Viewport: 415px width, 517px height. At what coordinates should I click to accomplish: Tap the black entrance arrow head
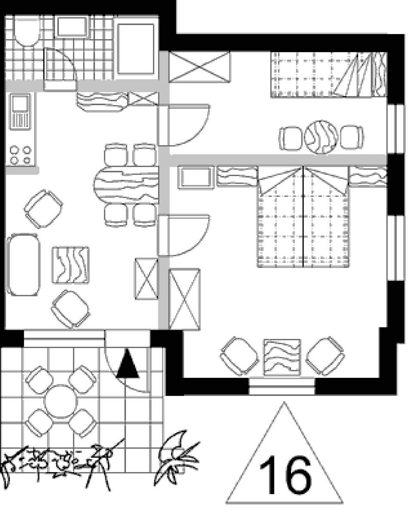click(x=127, y=364)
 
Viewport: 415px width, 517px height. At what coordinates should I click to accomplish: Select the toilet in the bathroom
click(x=26, y=31)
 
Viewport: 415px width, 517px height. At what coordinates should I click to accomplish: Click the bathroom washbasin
click(x=72, y=26)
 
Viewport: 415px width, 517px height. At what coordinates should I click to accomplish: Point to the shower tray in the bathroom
click(x=136, y=49)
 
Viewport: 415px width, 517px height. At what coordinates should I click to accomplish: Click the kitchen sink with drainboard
click(x=20, y=112)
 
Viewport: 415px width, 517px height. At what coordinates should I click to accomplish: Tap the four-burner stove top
click(x=21, y=155)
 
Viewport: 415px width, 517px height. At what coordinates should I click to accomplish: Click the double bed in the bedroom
click(x=303, y=217)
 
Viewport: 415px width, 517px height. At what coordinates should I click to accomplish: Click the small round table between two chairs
click(x=321, y=137)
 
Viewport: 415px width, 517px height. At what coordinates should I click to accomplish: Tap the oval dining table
click(x=126, y=185)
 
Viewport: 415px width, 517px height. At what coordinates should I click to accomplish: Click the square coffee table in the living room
click(x=71, y=265)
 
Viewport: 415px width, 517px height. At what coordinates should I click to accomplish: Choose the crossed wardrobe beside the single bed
click(x=200, y=67)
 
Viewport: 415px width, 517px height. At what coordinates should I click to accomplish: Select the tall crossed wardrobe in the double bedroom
click(x=184, y=299)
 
